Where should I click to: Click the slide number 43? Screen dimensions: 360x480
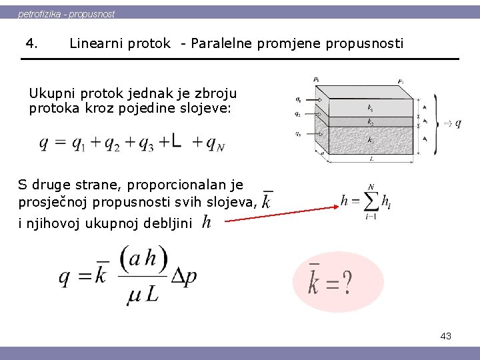tap(445, 336)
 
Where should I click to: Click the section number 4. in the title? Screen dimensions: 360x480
tap(31, 43)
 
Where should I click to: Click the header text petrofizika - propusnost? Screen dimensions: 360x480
tap(66, 13)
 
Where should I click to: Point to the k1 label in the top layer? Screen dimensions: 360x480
tap(370, 107)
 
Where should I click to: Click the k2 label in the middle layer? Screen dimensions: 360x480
tap(370, 122)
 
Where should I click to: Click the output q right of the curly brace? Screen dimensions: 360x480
tap(458, 123)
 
